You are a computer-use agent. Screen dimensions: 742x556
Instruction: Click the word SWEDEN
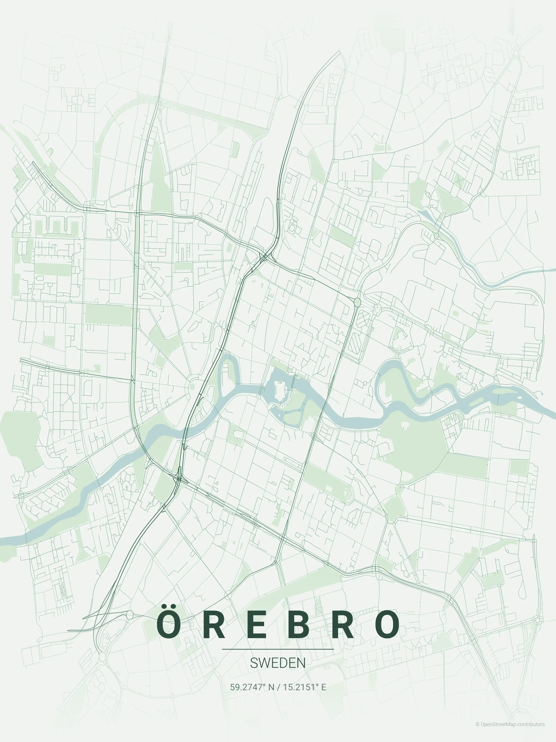pyautogui.click(x=278, y=663)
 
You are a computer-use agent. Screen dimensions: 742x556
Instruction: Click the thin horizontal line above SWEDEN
pyautogui.click(x=278, y=649)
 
